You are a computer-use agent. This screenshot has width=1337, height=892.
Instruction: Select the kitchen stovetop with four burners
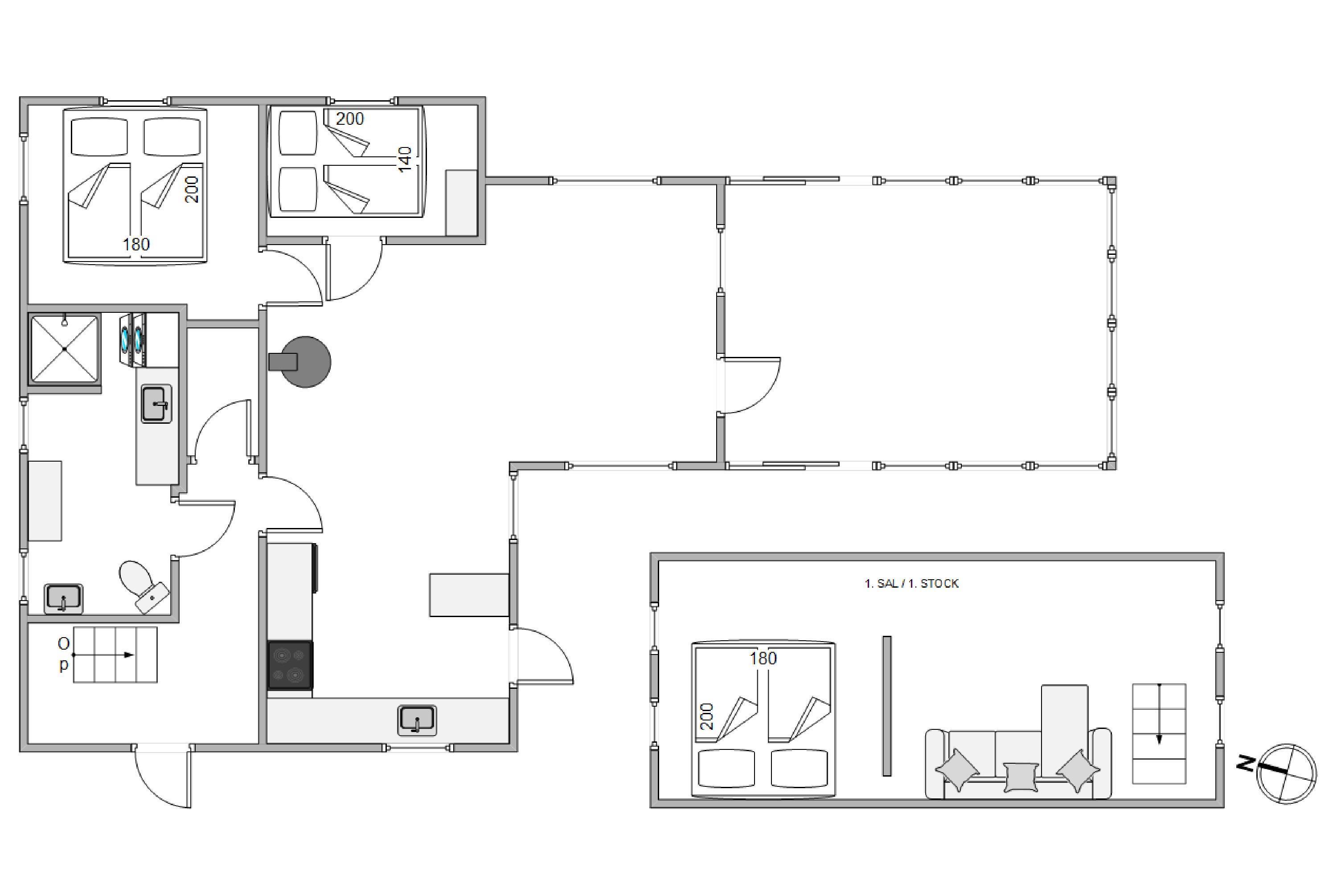(x=290, y=665)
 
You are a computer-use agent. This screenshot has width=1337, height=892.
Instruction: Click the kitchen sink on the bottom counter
(x=417, y=720)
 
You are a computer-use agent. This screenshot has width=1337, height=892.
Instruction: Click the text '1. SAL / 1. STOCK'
(x=911, y=584)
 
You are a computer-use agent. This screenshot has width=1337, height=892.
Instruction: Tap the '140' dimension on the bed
(x=405, y=160)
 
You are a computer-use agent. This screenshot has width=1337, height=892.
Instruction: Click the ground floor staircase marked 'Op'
(x=115, y=655)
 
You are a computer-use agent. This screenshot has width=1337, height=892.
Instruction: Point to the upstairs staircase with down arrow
(x=1159, y=734)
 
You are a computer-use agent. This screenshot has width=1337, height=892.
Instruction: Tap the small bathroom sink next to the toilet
(x=63, y=599)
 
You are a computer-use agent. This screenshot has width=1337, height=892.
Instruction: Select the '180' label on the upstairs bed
(x=763, y=658)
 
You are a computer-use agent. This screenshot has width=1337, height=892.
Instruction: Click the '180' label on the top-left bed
(x=136, y=244)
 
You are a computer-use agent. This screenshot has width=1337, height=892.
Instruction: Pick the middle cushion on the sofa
(x=1021, y=777)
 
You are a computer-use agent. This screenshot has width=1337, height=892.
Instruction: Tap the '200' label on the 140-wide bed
(x=349, y=119)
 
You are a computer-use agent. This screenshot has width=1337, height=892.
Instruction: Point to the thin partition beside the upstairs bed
(x=886, y=706)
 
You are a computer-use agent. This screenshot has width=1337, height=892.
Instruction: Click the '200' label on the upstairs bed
(x=706, y=717)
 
